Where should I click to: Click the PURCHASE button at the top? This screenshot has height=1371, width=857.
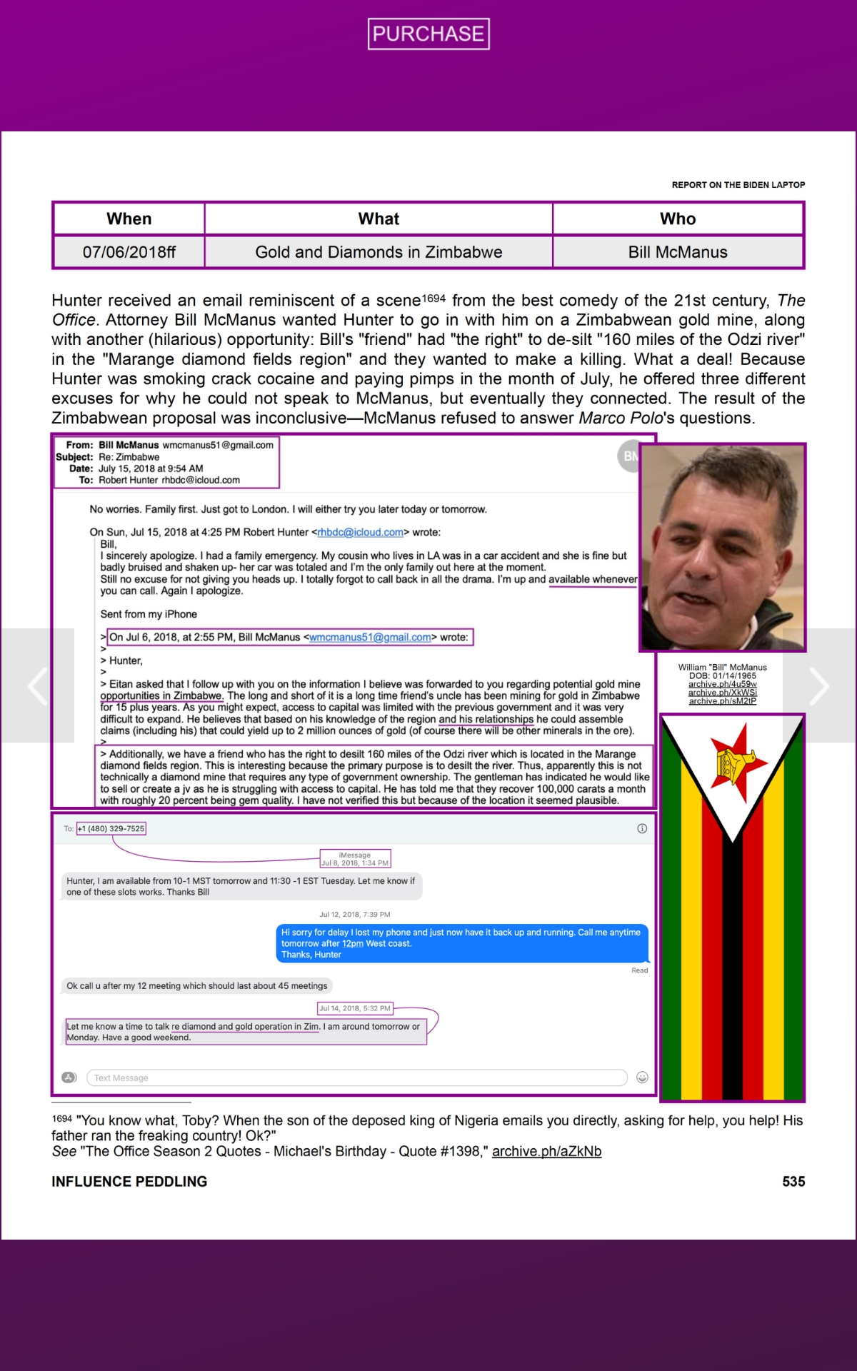(428, 34)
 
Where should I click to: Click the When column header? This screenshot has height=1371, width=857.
(129, 219)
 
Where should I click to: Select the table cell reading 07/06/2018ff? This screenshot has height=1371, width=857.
(129, 252)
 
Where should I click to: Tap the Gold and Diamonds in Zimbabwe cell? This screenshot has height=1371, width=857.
(379, 252)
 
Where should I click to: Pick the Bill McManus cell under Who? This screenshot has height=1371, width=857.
(678, 252)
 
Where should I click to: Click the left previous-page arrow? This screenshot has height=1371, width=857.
(37, 685)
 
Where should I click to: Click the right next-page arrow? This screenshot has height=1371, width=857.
(818, 685)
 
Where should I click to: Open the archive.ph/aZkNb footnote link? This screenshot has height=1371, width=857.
(546, 1151)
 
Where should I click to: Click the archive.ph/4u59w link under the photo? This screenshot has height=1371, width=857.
(722, 684)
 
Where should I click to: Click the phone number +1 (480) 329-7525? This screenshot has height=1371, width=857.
(111, 828)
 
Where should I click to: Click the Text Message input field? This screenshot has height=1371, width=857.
(356, 1078)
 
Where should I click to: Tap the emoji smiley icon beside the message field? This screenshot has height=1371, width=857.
(642, 1078)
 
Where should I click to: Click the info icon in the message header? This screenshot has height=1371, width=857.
(642, 828)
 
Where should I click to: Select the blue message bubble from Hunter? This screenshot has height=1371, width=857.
(461, 943)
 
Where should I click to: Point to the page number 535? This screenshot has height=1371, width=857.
(793, 1182)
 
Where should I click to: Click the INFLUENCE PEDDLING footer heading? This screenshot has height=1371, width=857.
(129, 1182)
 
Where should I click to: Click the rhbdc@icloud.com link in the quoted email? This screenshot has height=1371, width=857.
(361, 532)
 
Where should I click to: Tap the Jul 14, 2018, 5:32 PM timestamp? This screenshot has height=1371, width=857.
(355, 1008)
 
